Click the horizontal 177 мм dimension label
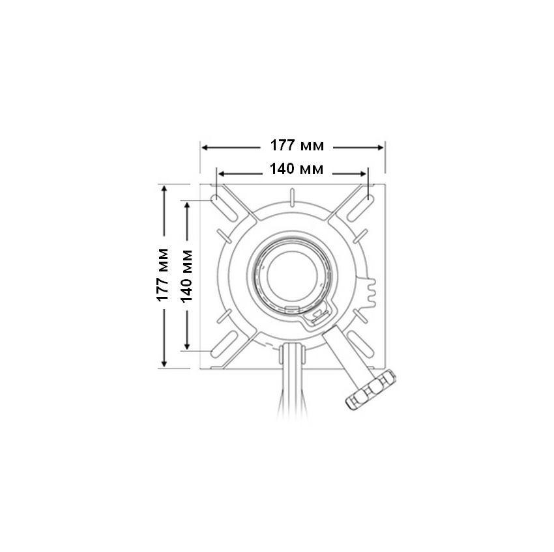(x=297, y=145)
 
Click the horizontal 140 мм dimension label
(x=297, y=169)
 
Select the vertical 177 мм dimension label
(x=162, y=275)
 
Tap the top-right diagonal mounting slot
(x=360, y=208)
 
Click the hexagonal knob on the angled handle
(x=370, y=389)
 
